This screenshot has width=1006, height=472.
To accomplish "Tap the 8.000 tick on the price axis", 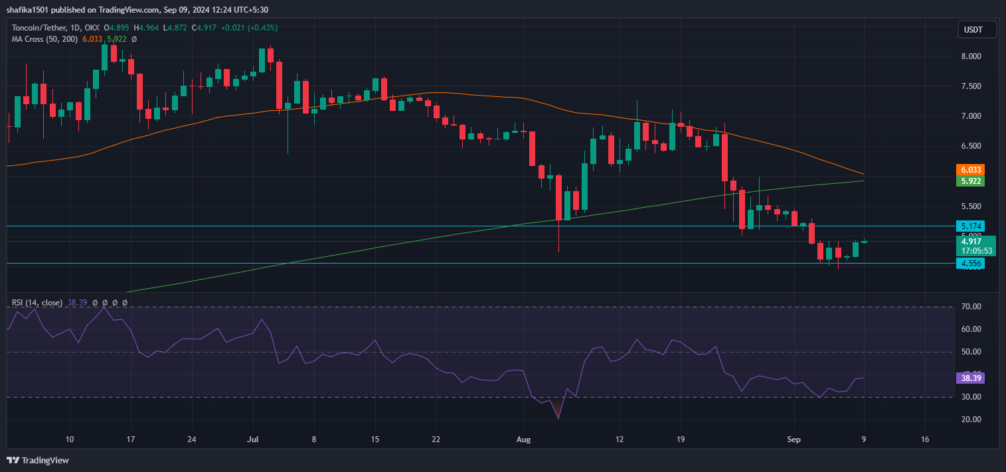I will tap(971, 56).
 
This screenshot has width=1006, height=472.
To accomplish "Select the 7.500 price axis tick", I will tap(971, 86).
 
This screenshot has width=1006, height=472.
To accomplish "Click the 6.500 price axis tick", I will tap(971, 146).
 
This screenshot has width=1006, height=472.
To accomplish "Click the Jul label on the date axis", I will tap(252, 439).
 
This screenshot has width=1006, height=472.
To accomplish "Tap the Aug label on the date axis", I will tap(523, 439).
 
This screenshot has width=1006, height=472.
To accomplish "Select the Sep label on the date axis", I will tap(794, 439).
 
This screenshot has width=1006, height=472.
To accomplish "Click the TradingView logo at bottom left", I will tap(38, 460).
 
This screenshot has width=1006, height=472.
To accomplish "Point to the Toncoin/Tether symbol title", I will tap(39, 28).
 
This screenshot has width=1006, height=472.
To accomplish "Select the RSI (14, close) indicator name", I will tap(37, 303).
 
